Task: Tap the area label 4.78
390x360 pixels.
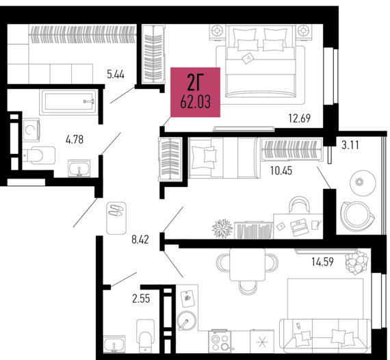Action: (x=75, y=140)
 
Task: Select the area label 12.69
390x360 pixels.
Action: (x=300, y=118)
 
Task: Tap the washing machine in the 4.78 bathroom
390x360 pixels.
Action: (x=31, y=129)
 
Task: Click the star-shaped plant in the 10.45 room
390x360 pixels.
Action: (x=222, y=227)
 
